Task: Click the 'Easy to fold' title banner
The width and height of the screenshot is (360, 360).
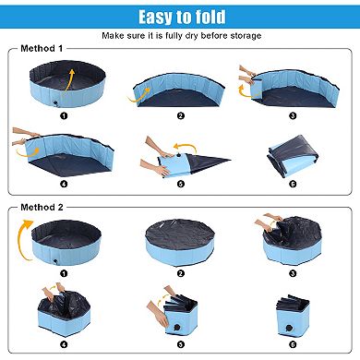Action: click(181, 17)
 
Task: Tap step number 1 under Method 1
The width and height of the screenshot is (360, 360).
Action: click(63, 115)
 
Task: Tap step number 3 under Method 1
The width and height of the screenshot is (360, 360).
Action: click(292, 115)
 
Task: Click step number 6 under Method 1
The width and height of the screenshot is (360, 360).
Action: click(292, 185)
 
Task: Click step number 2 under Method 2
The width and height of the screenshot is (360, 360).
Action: click(181, 274)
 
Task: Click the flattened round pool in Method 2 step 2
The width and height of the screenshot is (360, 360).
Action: click(181, 242)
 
